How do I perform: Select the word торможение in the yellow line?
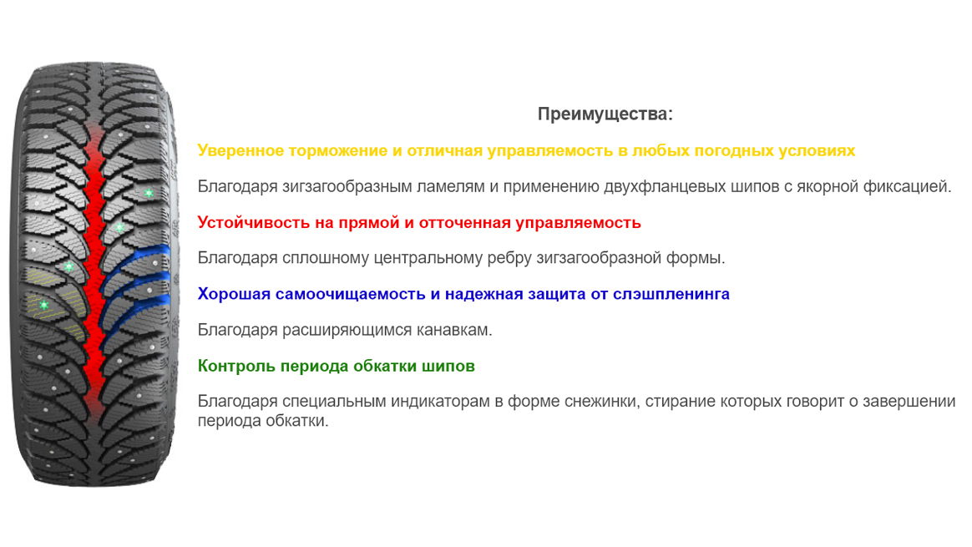pyautogui.click(x=338, y=150)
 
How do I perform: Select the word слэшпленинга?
pyautogui.click(x=671, y=295)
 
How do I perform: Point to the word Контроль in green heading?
pyautogui.click(x=237, y=366)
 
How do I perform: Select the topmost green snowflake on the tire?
pyautogui.click(x=149, y=193)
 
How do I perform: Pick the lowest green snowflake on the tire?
pyautogui.click(x=44, y=305)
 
